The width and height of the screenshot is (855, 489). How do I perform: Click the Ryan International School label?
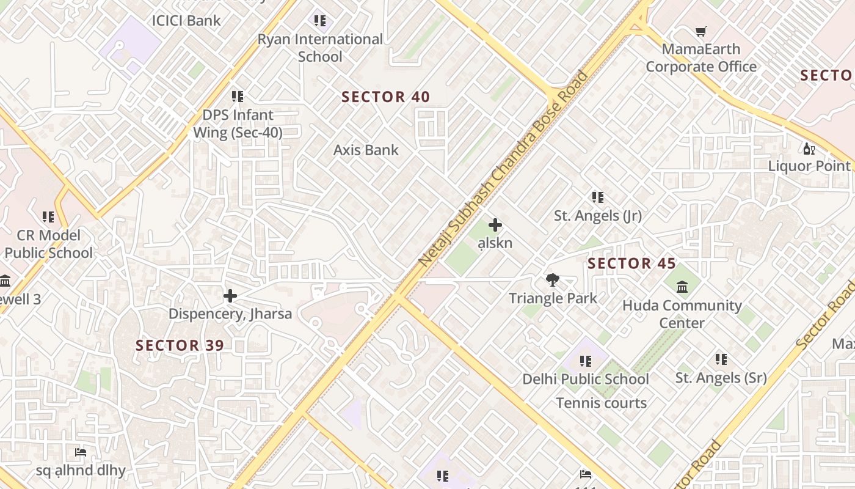[x=320, y=48]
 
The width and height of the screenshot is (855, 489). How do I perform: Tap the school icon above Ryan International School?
[x=319, y=21]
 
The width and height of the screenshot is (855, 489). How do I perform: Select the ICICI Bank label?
[x=186, y=20]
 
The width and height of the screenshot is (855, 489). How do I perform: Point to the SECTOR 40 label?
[x=385, y=97]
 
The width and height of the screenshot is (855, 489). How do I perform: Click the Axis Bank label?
[x=366, y=150]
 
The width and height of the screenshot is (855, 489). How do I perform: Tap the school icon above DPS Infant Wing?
[x=238, y=96]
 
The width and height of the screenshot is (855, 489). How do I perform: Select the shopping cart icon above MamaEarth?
[x=701, y=31]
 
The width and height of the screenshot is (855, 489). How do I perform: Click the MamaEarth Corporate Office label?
[x=701, y=57]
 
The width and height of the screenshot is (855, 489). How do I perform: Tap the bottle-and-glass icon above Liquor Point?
[x=809, y=148]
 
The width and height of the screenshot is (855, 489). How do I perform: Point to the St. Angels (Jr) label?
[x=597, y=215]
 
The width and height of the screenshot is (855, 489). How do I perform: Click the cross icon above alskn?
[x=495, y=225]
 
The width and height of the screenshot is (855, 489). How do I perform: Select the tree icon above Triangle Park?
[x=553, y=280]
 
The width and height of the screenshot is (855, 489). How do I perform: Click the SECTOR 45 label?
[x=631, y=263]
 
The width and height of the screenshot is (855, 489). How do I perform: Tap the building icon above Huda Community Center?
[x=682, y=287]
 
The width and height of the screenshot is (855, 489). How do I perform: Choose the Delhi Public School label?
[x=585, y=379]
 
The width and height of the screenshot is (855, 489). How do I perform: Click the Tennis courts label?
[x=601, y=403]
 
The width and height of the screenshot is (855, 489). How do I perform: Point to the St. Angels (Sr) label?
[x=721, y=378]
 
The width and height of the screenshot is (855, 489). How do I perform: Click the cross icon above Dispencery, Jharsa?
[x=230, y=296]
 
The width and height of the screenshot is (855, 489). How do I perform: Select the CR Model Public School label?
[x=49, y=244]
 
